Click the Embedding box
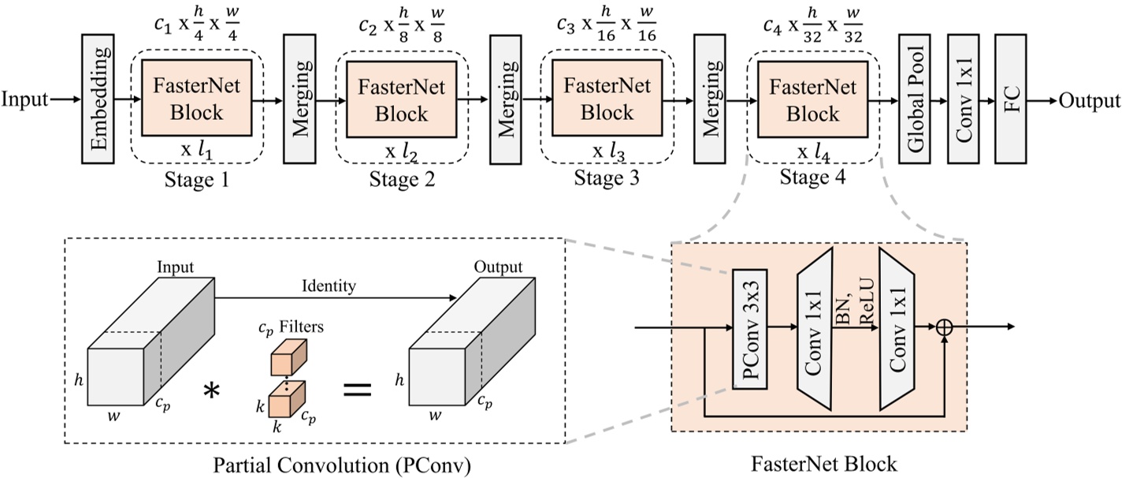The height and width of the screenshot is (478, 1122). pyautogui.click(x=98, y=100)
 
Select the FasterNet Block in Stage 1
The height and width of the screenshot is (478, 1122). pyautogui.click(x=195, y=100)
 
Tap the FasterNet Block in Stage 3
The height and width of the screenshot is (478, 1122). pyautogui.click(x=604, y=100)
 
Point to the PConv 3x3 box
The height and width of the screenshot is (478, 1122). pyautogui.click(x=750, y=327)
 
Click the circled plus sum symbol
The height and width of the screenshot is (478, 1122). pyautogui.click(x=944, y=327)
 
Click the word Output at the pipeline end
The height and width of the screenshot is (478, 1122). pyautogui.click(x=1089, y=100)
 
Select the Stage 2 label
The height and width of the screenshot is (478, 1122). pyautogui.click(x=402, y=181)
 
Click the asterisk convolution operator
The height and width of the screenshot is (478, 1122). pyautogui.click(x=210, y=390)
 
